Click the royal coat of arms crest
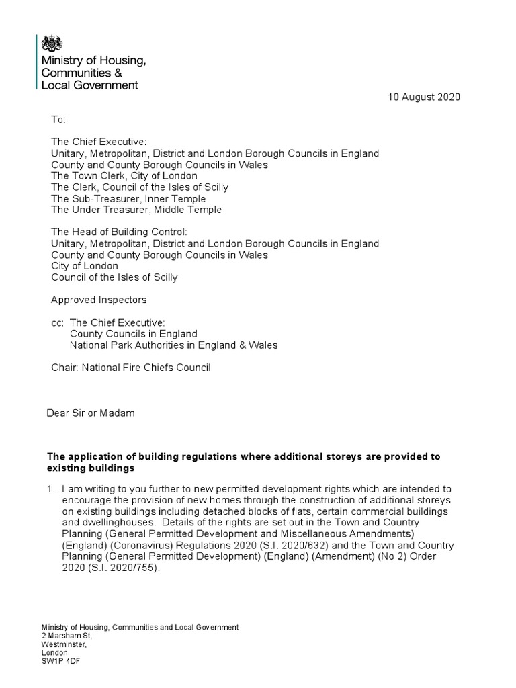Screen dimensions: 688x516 tap(52, 45)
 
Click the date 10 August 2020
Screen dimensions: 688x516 tap(424, 97)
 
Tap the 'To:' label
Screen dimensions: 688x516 tap(58, 120)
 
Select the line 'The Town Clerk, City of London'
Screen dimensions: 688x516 tap(124, 176)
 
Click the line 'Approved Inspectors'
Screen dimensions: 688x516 tap(99, 300)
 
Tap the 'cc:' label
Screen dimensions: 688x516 tap(58, 322)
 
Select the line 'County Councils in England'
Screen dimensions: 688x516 tap(134, 334)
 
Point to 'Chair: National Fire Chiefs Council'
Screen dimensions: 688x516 tap(131, 368)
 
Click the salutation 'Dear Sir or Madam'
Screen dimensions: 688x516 tap(90, 413)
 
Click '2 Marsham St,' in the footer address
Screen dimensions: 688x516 tap(67, 635)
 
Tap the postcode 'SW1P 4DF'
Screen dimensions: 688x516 tap(61, 660)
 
